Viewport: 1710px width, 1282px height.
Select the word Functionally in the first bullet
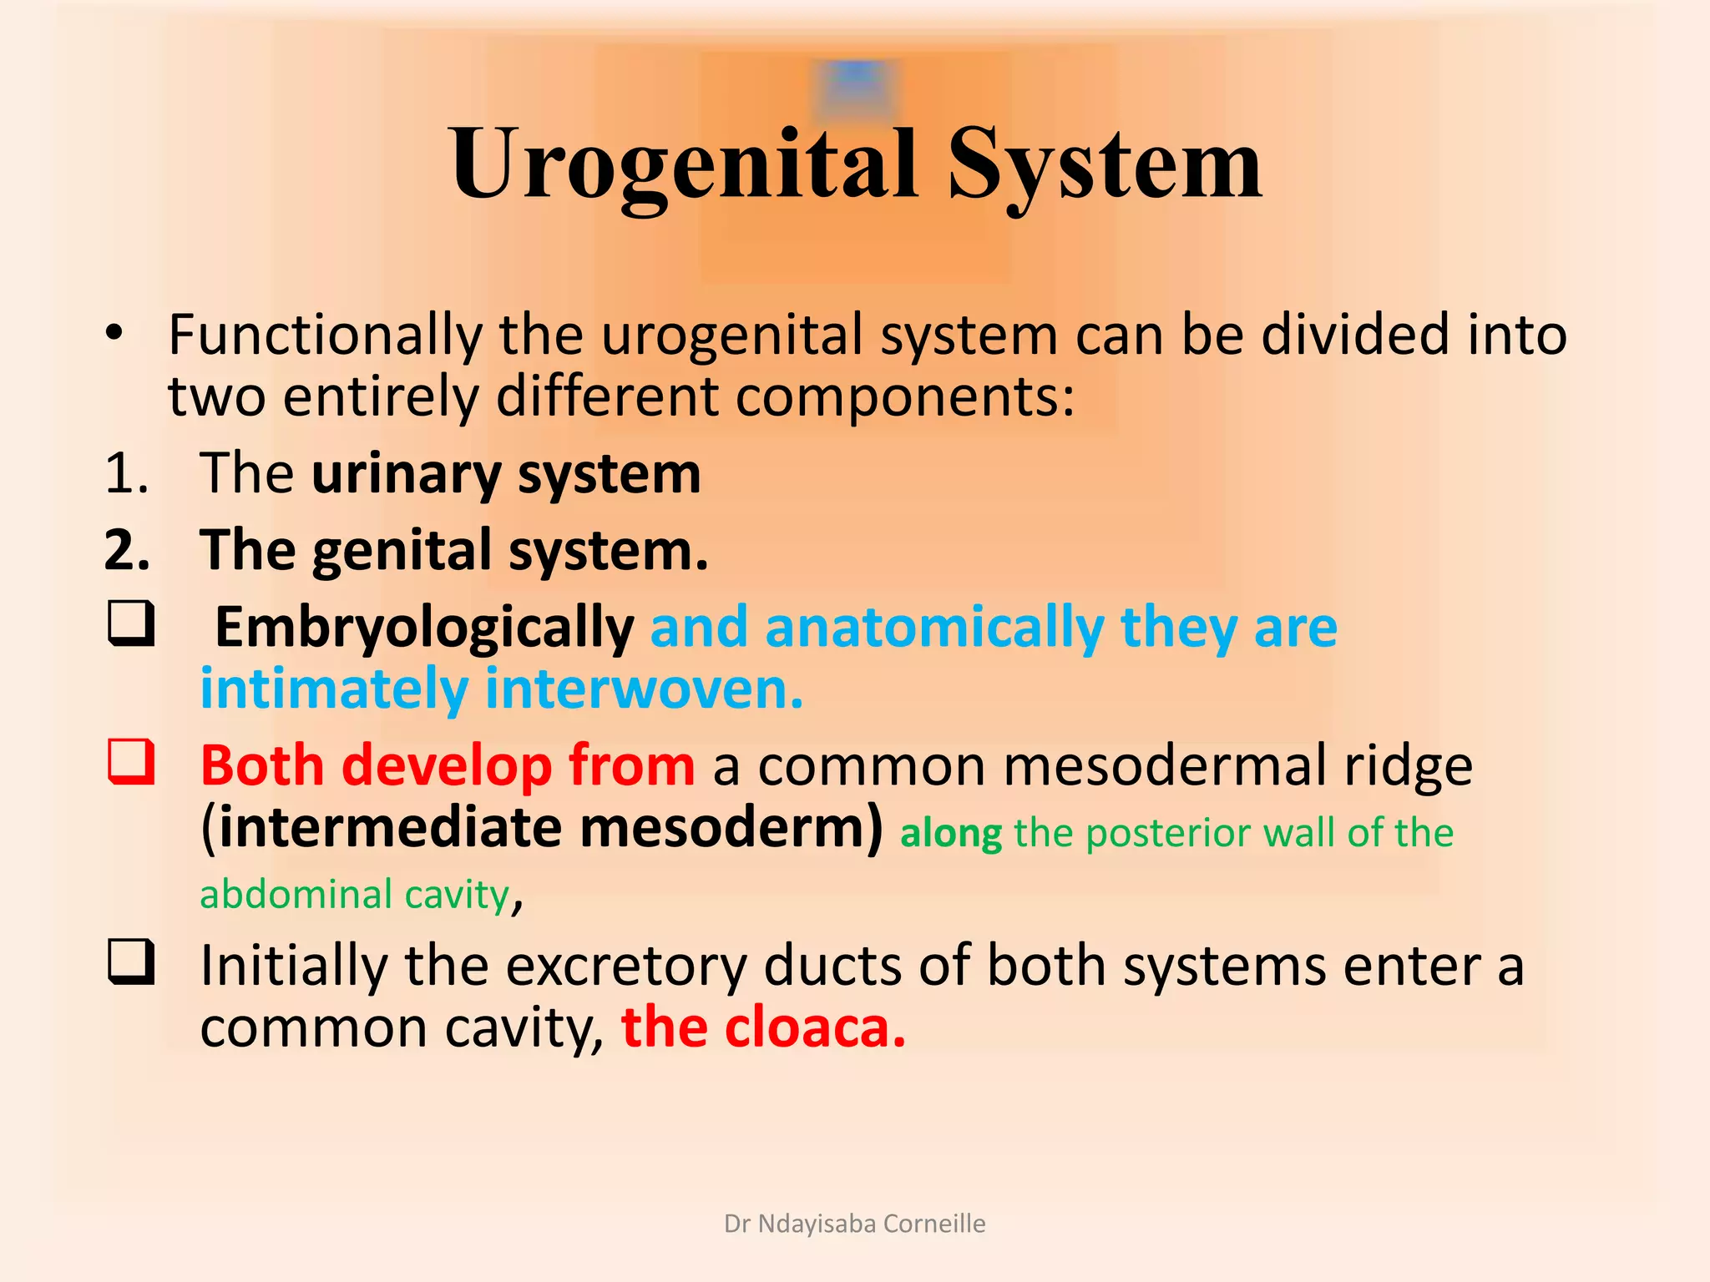326,336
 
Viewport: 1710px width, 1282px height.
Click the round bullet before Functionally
114,334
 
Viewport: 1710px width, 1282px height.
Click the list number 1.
125,474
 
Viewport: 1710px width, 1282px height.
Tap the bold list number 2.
127,551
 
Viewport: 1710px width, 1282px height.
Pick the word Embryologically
424,628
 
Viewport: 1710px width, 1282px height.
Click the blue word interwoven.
643,690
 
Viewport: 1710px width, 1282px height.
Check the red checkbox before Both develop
131,762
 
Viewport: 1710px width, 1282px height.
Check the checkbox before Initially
131,962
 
